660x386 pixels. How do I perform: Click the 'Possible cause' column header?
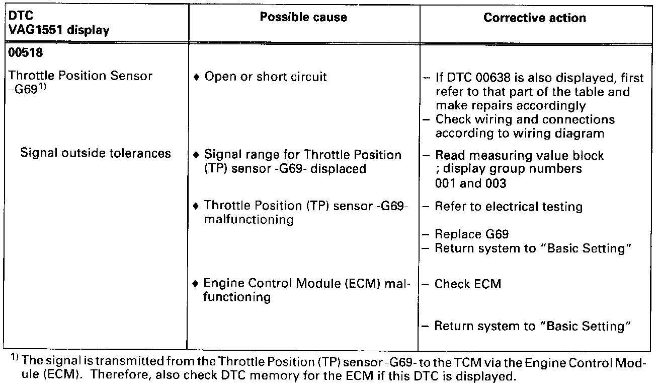[x=303, y=17]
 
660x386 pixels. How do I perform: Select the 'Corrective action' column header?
[x=534, y=18]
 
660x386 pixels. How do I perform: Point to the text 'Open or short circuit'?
[x=266, y=77]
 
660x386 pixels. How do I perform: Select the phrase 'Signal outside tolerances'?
[x=96, y=153]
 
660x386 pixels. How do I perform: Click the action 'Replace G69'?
[x=472, y=234]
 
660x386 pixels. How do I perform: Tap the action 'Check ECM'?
[x=468, y=284]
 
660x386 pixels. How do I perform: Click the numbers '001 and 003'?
[x=470, y=183]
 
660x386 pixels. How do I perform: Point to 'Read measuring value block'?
[x=519, y=156]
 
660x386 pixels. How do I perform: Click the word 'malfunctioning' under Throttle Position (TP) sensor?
[x=249, y=220]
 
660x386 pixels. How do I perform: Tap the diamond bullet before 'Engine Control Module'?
[x=196, y=284]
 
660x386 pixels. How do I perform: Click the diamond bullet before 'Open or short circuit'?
[x=197, y=78]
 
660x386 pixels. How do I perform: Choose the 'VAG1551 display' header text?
[x=59, y=30]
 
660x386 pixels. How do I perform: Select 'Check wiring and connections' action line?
[x=525, y=120]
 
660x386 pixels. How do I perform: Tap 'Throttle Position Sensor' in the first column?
[x=80, y=76]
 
